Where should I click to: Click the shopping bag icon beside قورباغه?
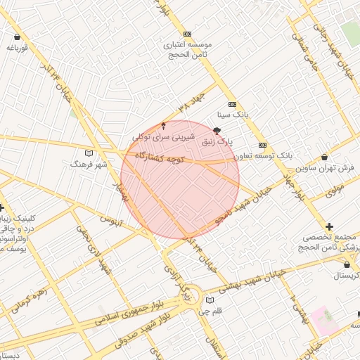[18, 37]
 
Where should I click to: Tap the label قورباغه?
[17, 48]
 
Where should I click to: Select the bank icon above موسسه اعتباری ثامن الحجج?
[187, 34]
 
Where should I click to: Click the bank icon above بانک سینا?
[242, 103]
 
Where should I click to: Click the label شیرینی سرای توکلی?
[164, 136]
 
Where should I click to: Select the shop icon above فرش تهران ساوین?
[323, 157]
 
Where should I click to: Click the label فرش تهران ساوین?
[325, 168]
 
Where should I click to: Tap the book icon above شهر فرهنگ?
[88, 153]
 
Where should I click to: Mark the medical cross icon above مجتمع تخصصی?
[329, 226]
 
